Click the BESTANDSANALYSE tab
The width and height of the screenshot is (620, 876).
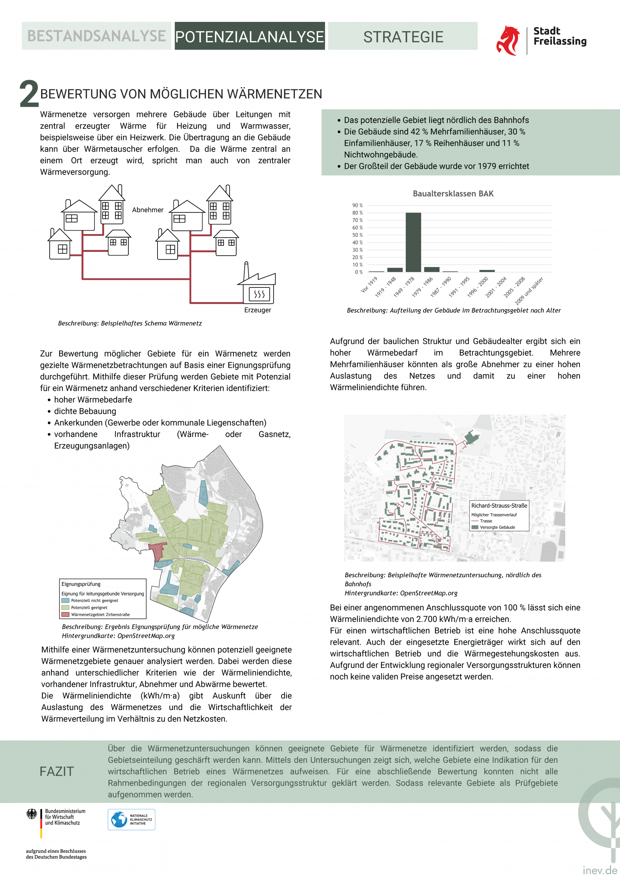click(96, 36)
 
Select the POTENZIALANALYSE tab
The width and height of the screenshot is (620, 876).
click(250, 36)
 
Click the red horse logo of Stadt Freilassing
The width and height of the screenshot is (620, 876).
click(508, 40)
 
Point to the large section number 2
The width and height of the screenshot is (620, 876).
click(29, 94)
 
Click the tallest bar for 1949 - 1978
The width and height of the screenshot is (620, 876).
click(413, 242)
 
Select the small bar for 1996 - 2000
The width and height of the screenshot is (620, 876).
click(487, 271)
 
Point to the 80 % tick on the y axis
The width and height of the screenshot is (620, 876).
click(357, 213)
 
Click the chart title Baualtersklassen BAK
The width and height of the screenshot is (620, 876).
click(453, 193)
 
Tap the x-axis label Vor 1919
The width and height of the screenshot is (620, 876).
click(369, 285)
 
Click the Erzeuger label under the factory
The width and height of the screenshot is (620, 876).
click(258, 310)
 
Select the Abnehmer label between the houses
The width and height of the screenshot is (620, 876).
click(148, 210)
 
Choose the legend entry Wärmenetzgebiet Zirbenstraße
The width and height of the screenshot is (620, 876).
click(100, 614)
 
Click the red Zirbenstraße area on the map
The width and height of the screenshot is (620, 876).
click(157, 551)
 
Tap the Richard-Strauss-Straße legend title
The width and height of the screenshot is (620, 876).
click(499, 505)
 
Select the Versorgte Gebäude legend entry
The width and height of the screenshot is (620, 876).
click(497, 527)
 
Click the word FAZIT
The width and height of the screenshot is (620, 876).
click(57, 771)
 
